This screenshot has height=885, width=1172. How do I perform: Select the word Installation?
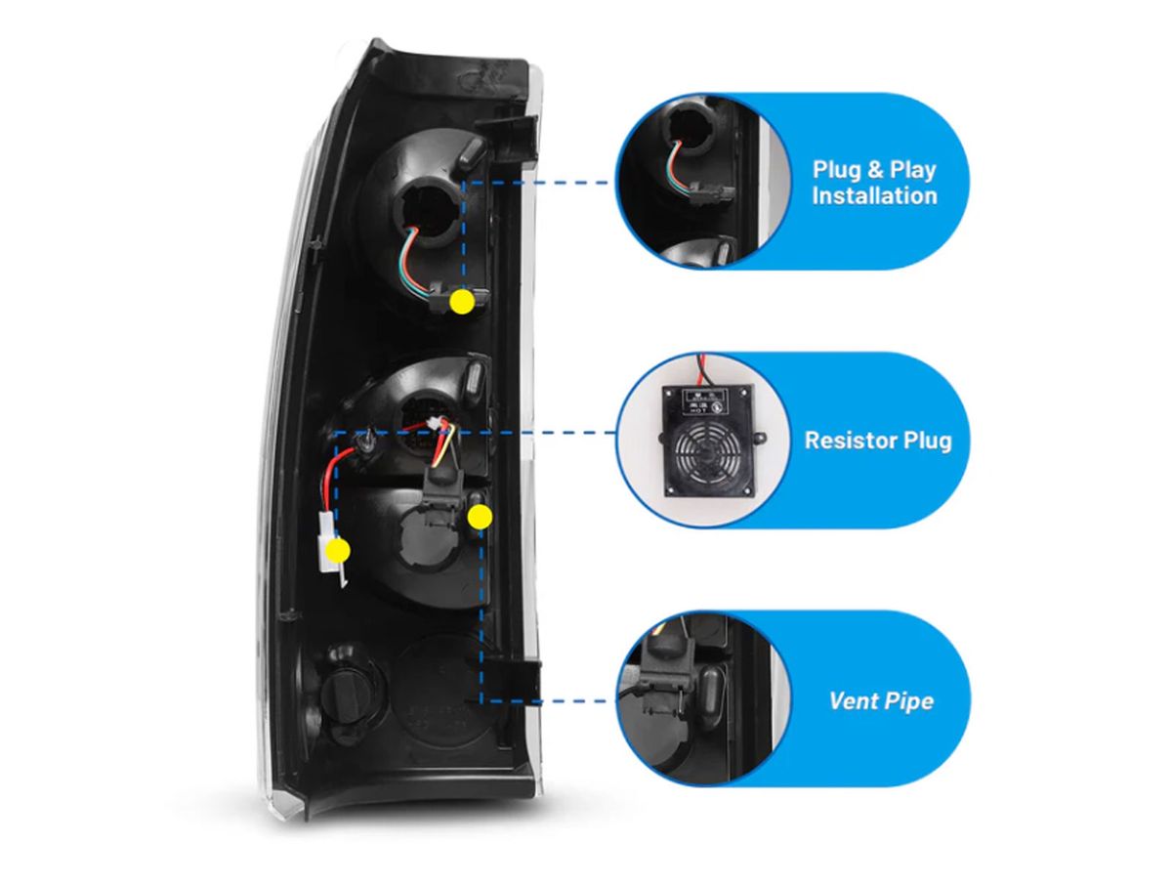click(x=874, y=195)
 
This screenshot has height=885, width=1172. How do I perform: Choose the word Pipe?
click(x=905, y=700)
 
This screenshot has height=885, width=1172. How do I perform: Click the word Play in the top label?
click(x=912, y=169)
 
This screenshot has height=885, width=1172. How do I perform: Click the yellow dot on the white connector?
click(x=338, y=549)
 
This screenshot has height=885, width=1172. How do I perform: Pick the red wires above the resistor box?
click(x=704, y=370)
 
